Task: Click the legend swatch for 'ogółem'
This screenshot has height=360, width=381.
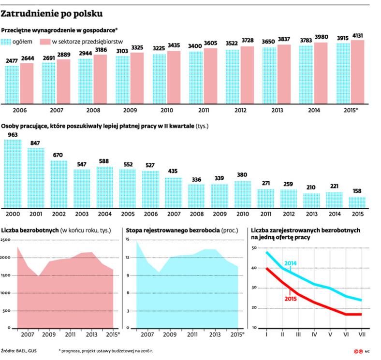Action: pyautogui.click(x=6, y=42)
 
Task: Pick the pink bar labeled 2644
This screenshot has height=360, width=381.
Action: pyautogui.click(x=27, y=83)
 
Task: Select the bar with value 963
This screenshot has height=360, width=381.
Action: pyautogui.click(x=13, y=173)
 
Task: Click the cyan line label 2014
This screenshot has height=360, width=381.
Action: pyautogui.click(x=291, y=263)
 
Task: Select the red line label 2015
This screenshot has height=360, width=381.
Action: pyautogui.click(x=291, y=298)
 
